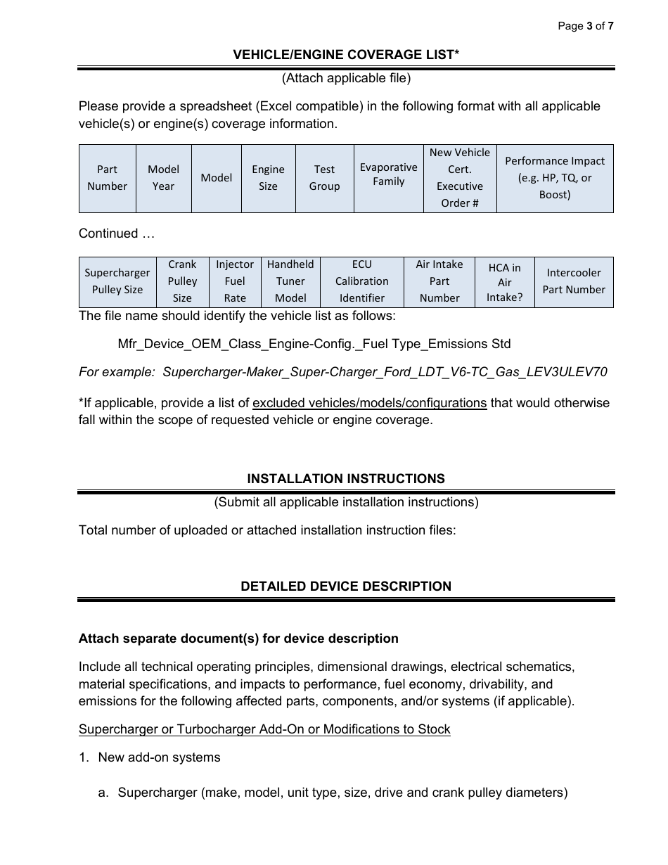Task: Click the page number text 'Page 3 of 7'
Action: pyautogui.click(x=585, y=26)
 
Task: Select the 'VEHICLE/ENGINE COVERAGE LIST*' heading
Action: pyautogui.click(x=346, y=54)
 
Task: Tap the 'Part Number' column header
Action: pyautogui.click(x=107, y=178)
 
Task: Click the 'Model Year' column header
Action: pyautogui.click(x=163, y=178)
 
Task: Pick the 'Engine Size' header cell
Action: pyautogui.click(x=268, y=178)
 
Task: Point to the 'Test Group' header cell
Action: pyautogui.click(x=324, y=178)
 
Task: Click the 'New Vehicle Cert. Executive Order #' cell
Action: pyautogui.click(x=459, y=178)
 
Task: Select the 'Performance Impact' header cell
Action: pyautogui.click(x=554, y=178)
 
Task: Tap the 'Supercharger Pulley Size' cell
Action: pyautogui.click(x=117, y=281)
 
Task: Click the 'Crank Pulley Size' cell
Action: pyautogui.click(x=182, y=281)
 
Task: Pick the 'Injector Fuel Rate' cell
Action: pyautogui.click(x=234, y=281)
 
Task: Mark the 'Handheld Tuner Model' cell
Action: pyautogui.click(x=290, y=281)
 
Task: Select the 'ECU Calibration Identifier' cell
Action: pyautogui.click(x=361, y=281)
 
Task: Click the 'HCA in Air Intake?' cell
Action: pyautogui.click(x=504, y=282)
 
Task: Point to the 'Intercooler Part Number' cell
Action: pyautogui.click(x=573, y=281)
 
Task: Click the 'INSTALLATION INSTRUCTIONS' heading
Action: pyautogui.click(x=346, y=479)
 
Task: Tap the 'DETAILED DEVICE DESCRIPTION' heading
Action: pyautogui.click(x=346, y=587)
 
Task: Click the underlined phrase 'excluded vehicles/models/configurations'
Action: pyautogui.click(x=369, y=403)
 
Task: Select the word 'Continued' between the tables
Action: pyautogui.click(x=108, y=233)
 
